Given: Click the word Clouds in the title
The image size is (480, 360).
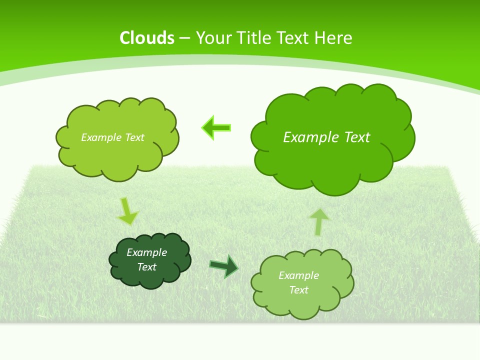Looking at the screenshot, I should [147, 38].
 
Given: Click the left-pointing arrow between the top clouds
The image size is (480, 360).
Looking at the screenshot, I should [216, 128].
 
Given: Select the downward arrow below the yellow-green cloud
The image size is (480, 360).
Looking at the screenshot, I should [127, 211].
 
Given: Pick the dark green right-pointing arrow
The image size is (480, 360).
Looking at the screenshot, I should [224, 266].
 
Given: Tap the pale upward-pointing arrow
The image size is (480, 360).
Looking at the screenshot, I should [319, 221].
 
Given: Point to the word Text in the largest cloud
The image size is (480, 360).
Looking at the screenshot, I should [357, 137].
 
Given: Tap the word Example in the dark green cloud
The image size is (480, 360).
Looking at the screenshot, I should [146, 252].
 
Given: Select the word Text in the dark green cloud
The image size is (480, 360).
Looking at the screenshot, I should [146, 267].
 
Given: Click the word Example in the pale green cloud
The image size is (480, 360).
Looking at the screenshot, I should [298, 275].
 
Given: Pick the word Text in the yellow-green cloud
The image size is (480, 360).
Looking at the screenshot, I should [134, 137].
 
